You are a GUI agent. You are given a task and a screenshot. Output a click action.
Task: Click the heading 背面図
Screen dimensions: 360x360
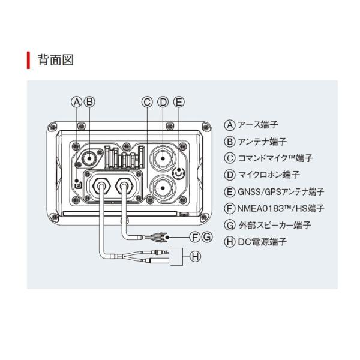click(56, 60)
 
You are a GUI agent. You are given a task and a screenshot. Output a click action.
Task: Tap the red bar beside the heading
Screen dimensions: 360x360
click(28, 61)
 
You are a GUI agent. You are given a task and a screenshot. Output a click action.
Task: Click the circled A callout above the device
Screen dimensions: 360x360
click(77, 102)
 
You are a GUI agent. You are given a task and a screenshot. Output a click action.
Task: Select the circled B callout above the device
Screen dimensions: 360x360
click(89, 102)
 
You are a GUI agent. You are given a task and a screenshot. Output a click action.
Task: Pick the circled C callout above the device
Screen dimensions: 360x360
click(147, 102)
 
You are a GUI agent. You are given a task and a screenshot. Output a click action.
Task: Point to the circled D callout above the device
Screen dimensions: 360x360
click(163, 102)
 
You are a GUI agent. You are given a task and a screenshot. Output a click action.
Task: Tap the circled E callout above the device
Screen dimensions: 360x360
click(179, 102)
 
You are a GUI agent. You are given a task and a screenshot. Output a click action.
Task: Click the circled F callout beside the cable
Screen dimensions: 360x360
click(195, 237)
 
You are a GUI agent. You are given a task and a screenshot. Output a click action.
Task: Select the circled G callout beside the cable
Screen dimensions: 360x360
click(207, 237)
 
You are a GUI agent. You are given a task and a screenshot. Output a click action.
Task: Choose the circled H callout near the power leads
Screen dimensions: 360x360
click(195, 256)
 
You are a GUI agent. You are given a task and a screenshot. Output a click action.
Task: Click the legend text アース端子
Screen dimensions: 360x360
click(257, 125)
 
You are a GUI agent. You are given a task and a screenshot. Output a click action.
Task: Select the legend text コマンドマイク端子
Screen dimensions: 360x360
click(275, 158)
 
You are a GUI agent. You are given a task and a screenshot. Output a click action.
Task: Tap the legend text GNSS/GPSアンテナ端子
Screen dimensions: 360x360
click(281, 192)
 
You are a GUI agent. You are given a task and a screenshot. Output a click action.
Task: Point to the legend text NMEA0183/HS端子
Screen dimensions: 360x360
click(281, 208)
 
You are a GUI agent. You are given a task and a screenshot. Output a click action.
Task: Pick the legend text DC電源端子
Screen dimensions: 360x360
click(262, 242)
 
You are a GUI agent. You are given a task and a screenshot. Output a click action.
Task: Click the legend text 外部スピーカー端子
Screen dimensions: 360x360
click(275, 225)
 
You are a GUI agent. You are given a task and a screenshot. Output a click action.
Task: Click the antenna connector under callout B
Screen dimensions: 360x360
click(89, 158)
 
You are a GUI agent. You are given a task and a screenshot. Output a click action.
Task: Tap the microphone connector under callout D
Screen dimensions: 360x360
click(163, 158)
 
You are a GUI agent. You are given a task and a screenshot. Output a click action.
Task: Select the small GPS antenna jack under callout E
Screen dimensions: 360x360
click(179, 173)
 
